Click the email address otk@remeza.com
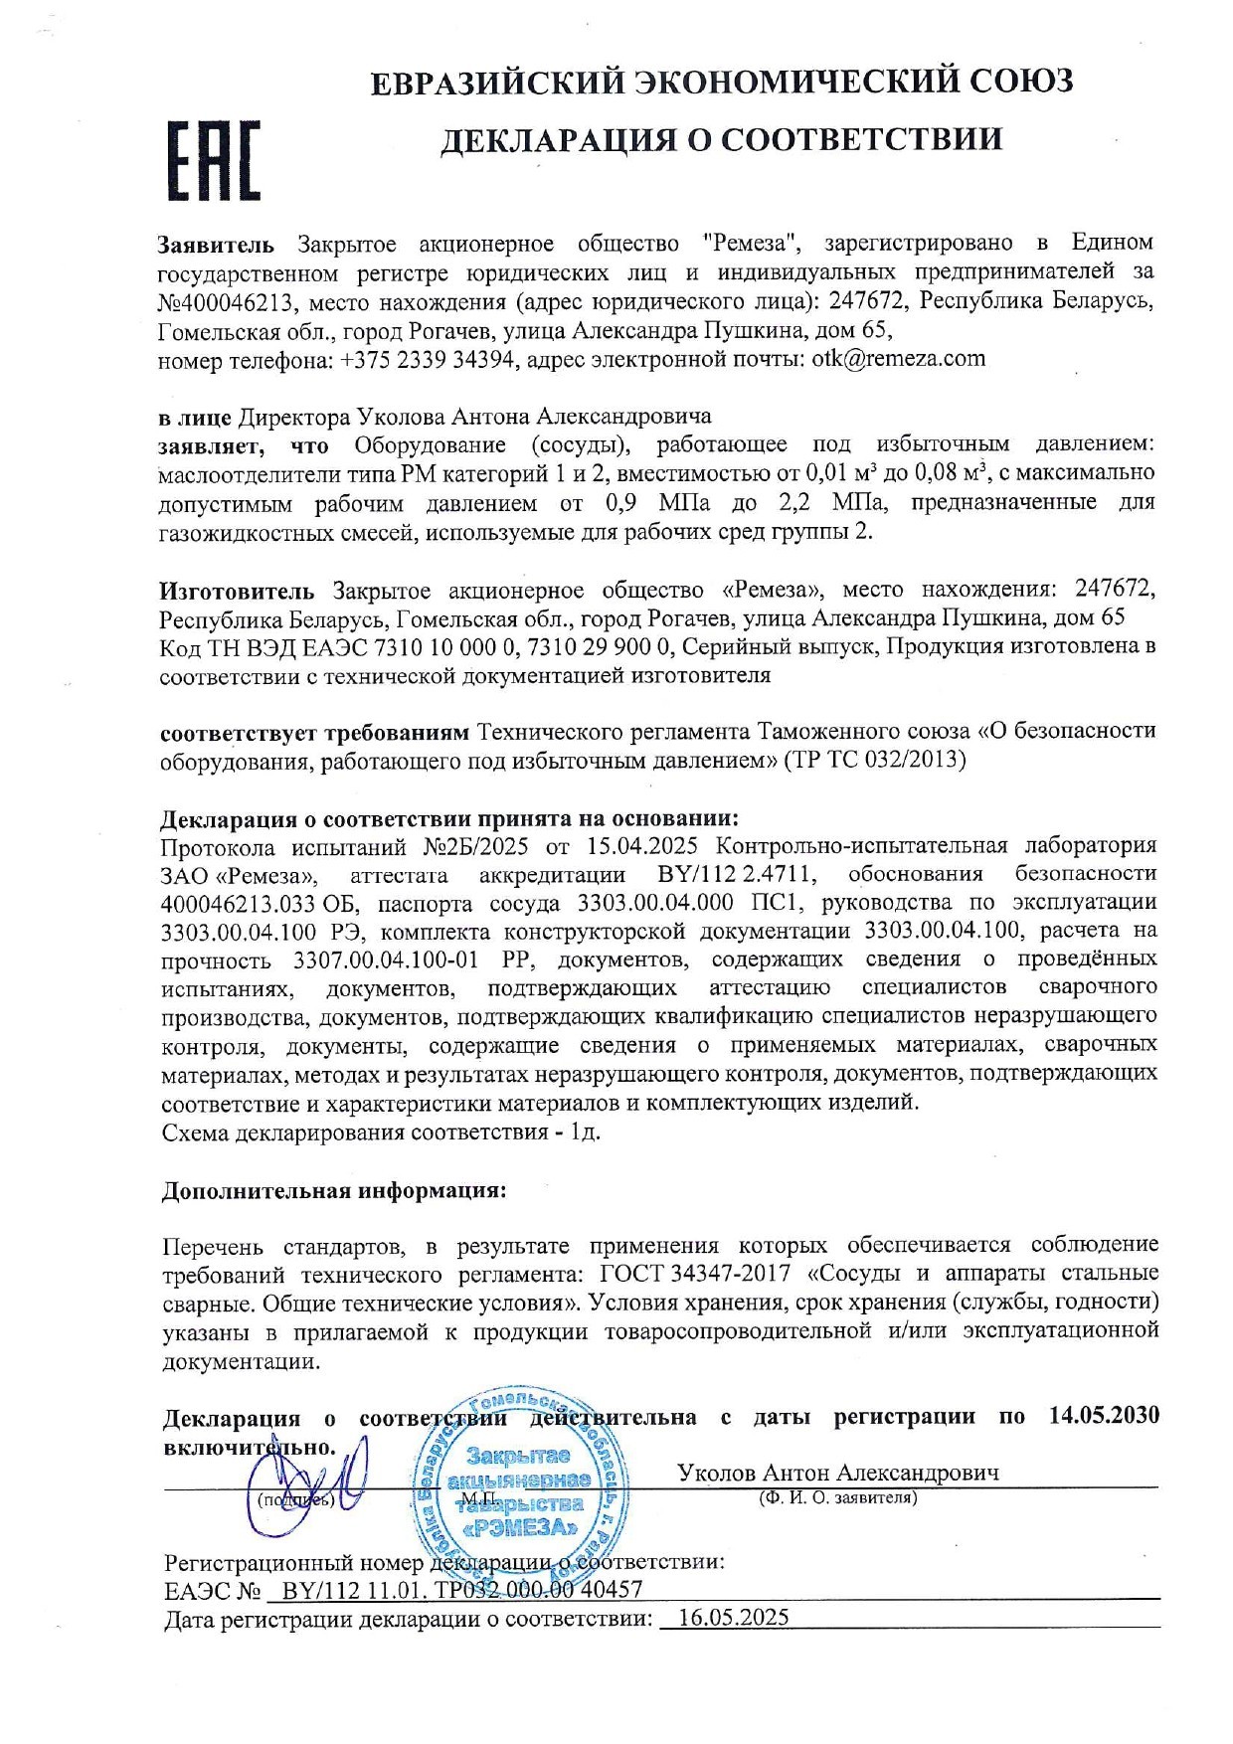coord(898,359)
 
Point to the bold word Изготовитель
coord(237,591)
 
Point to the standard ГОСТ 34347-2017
coord(696,1274)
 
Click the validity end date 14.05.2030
coord(1104,1416)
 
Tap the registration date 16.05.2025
coord(732,1618)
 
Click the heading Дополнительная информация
coord(334,1191)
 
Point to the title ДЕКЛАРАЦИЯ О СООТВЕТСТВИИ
coord(721,139)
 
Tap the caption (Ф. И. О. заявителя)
coord(837,1497)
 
